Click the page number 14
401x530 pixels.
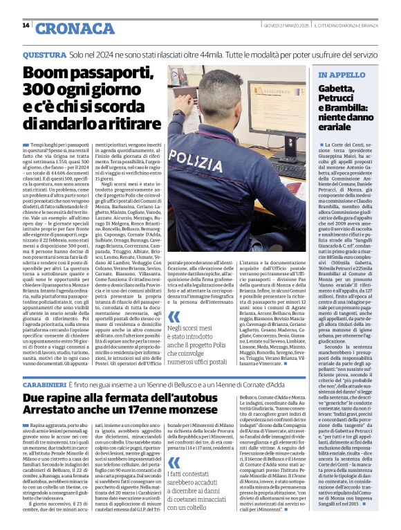[26, 26]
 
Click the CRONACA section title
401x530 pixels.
[65, 28]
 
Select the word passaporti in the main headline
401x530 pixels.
[109, 73]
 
